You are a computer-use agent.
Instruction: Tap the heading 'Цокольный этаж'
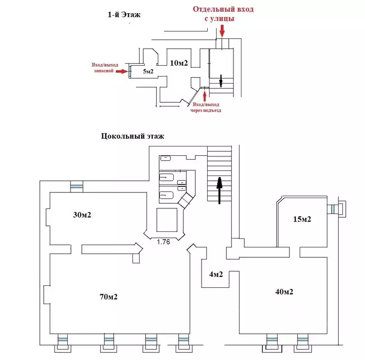[x=132, y=137]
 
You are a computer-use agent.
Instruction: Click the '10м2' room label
[x=178, y=62]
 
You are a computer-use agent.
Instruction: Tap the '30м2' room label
[x=82, y=215]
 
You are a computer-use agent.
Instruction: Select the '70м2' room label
[x=108, y=297]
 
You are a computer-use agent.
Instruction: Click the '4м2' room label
[x=216, y=275]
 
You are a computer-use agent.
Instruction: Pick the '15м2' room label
[x=303, y=219]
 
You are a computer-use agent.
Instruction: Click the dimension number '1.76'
[x=163, y=242]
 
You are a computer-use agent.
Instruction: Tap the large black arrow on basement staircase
[x=219, y=190]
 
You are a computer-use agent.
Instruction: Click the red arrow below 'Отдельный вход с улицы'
[x=222, y=31]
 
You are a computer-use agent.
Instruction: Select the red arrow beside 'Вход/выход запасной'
[x=122, y=72]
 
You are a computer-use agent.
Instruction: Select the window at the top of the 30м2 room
[x=76, y=186]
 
